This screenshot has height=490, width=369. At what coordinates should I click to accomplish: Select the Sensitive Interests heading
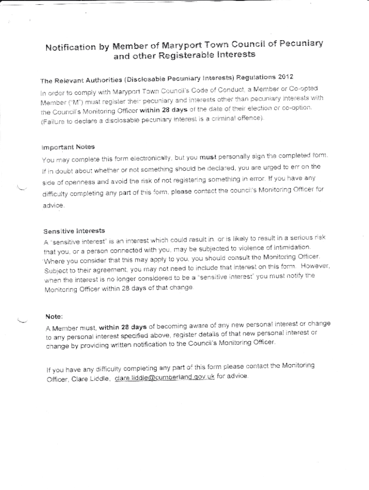pyautogui.click(x=74, y=231)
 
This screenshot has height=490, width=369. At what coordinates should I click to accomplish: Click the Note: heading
pyautogui.click(x=54, y=317)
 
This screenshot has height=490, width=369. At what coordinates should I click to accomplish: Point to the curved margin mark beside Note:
pyautogui.click(x=22, y=320)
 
